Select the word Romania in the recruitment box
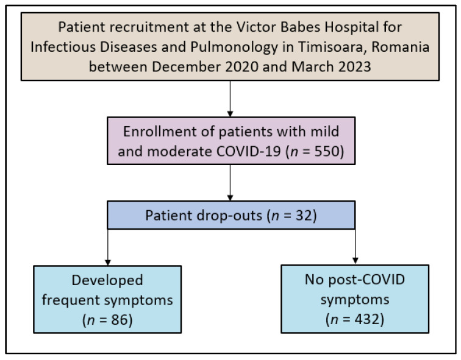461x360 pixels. tap(401, 47)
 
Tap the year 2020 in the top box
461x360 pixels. tap(241, 66)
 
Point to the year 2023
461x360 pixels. tap(354, 66)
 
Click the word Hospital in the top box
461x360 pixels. tap(351, 27)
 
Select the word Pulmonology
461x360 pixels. tap(234, 48)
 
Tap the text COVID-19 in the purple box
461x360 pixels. tap(248, 152)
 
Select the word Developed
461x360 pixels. tap(107, 280)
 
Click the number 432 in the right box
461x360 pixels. tap(367, 319)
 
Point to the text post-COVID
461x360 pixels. tap(366, 280)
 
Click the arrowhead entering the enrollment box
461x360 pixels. tap(230, 114)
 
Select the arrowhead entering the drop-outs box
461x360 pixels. tap(230, 198)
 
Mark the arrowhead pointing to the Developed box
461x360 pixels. tap(108, 263)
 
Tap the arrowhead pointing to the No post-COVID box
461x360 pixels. tap(355, 261)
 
